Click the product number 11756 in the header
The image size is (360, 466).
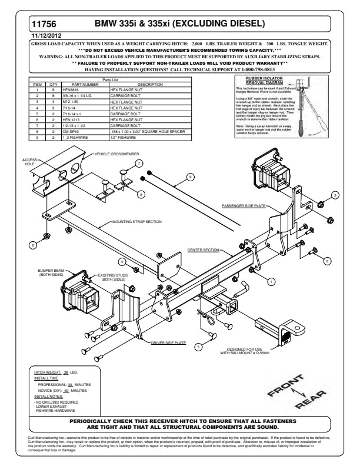(46, 24)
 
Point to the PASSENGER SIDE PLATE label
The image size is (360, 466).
(244, 207)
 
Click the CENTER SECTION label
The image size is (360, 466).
(203, 250)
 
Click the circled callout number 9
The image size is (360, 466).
(190, 176)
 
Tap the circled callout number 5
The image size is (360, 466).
(199, 347)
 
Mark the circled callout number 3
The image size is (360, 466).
(335, 194)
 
